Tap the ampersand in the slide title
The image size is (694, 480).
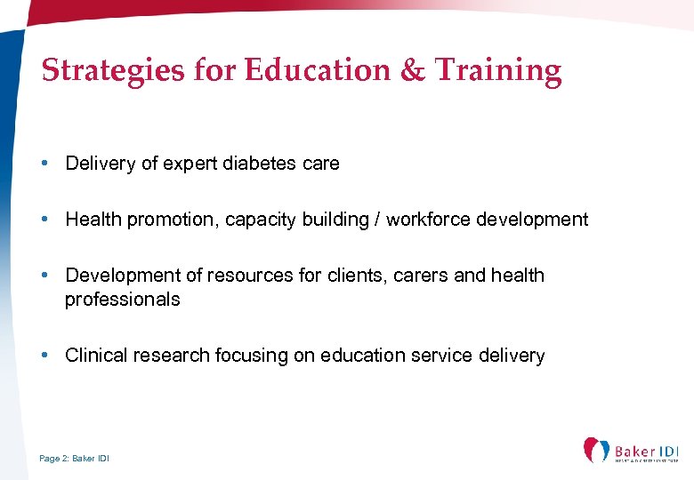click(x=413, y=70)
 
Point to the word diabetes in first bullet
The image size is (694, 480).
click(x=248, y=164)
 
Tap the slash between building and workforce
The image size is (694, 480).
click(x=378, y=220)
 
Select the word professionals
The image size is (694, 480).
click(x=122, y=300)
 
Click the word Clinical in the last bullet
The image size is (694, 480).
click(x=96, y=356)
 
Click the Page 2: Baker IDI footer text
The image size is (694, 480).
click(x=75, y=458)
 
